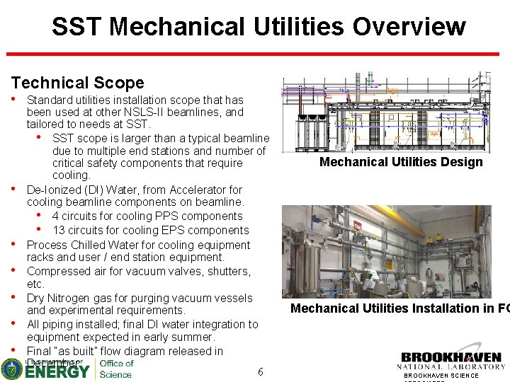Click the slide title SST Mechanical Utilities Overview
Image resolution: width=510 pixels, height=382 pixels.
259,27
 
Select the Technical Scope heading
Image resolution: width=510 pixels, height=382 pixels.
77,83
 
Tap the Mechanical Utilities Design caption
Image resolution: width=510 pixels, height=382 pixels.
400,162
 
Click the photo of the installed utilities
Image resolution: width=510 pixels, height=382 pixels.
386,251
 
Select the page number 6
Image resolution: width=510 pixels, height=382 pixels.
261,372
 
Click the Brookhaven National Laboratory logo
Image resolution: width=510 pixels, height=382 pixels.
452,361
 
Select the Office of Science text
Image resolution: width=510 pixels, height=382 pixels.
115,369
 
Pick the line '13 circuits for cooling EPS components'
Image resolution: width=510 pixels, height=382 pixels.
150,231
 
